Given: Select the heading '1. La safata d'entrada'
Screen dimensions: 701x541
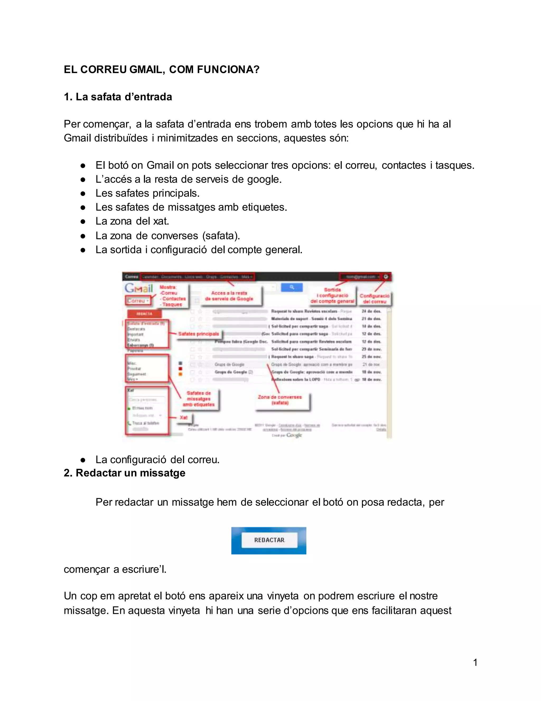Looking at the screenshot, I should tap(118, 97).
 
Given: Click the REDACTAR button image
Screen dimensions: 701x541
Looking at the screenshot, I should tap(269, 540).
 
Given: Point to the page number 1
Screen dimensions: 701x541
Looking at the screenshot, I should tap(475, 662).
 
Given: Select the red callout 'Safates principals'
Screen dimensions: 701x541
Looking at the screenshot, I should tap(199, 334).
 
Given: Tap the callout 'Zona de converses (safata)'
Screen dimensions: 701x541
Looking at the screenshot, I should tap(280, 400).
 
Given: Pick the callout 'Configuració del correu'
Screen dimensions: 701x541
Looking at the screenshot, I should tap(374, 298).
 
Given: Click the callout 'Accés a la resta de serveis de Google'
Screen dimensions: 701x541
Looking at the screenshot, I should tap(229, 296).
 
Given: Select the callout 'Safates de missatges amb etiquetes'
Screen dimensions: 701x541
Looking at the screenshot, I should tap(199, 399).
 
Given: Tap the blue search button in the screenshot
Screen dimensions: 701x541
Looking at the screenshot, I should tap(292, 287).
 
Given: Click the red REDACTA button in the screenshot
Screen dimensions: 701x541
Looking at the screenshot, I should tap(144, 313).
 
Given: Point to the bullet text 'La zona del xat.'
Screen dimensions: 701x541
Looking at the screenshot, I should tap(132, 221).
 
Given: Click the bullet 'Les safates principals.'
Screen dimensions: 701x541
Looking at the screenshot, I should tap(147, 193).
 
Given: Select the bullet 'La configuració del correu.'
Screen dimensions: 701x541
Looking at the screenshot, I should tap(157, 460).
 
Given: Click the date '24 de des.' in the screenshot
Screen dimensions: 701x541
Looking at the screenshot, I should tap(371, 311).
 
